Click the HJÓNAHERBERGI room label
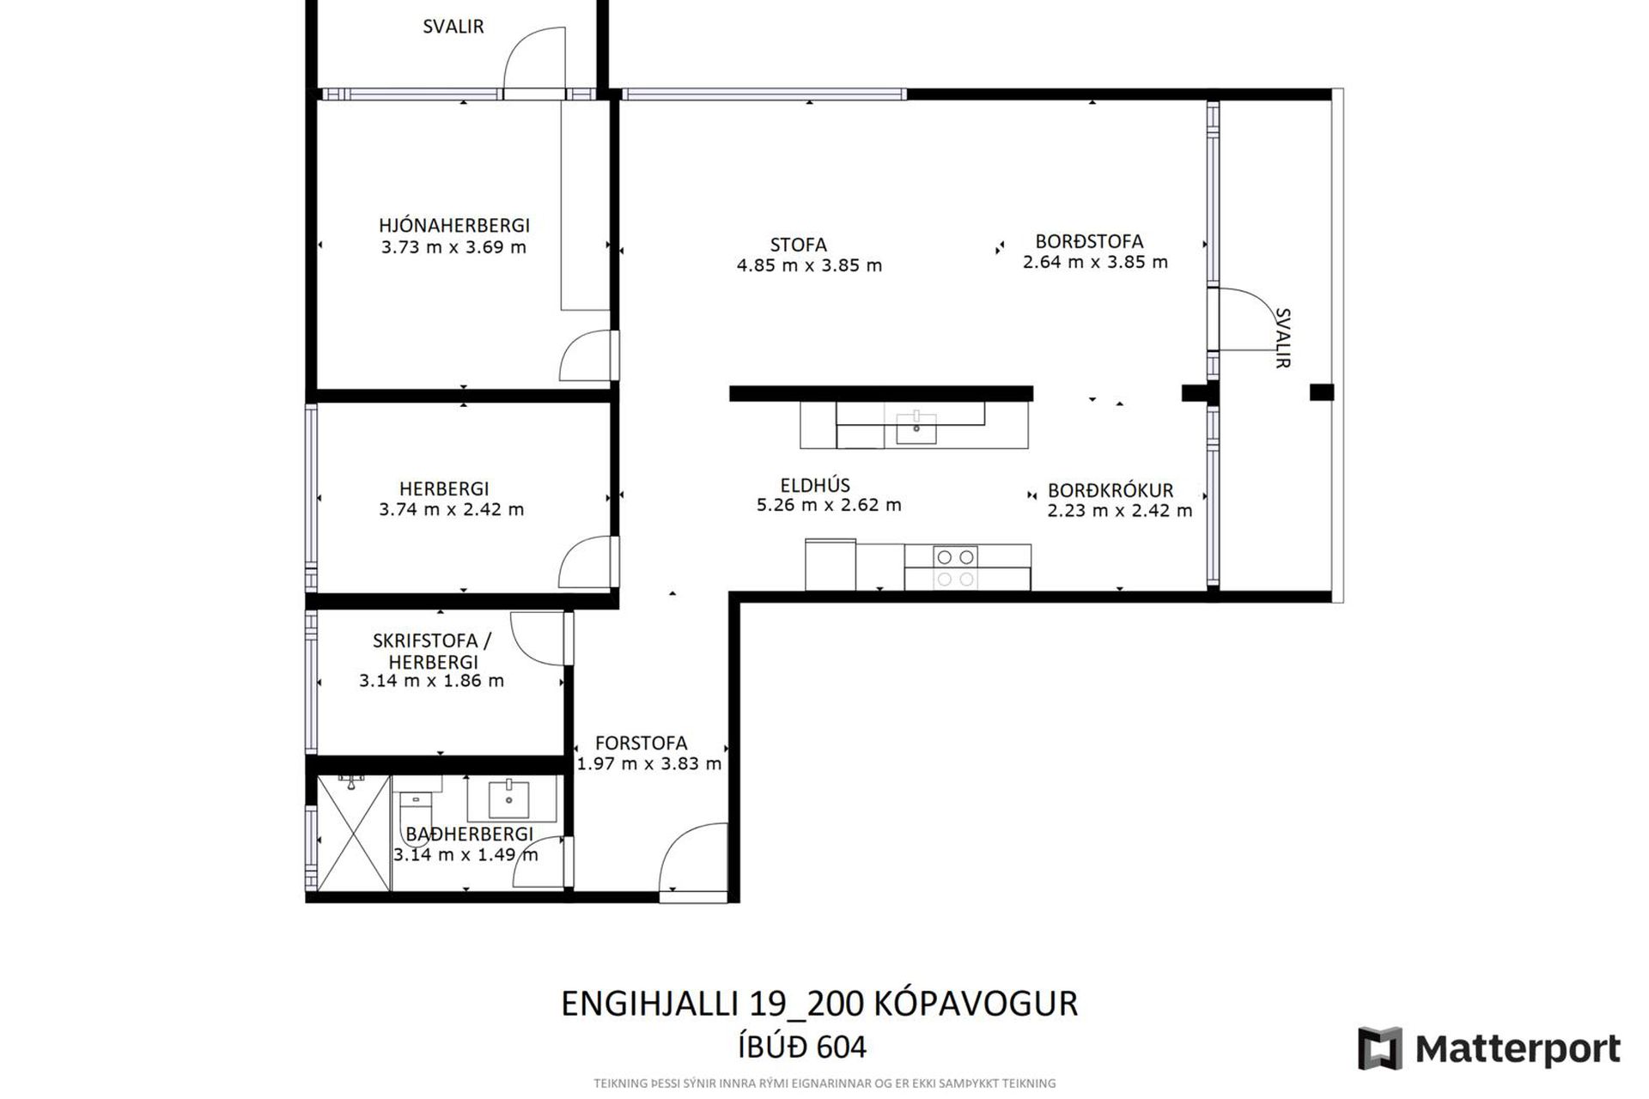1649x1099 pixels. pos(454,225)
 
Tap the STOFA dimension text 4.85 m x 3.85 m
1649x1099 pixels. pos(809,265)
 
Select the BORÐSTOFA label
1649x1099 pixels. pos(1089,241)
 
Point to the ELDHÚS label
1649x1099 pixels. pos(815,484)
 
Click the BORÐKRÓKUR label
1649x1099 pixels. pos(1110,491)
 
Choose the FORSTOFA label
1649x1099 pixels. pos(642,744)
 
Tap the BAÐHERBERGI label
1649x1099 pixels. pos(470,834)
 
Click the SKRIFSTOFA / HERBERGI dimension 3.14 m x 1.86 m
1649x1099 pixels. pos(431,681)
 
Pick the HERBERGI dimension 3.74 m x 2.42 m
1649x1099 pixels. pos(452,509)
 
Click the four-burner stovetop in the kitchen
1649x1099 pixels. pos(955,568)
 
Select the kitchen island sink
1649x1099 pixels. pos(916,427)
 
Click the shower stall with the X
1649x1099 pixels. pos(354,833)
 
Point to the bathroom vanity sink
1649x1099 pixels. pos(508,798)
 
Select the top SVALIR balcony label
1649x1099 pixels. pos(453,27)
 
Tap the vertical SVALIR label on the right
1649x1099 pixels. pos(1282,338)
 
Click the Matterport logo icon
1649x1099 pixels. pos(1380,1048)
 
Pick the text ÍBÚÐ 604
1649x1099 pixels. pos(802,1047)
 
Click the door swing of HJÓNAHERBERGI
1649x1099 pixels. pos(587,355)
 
